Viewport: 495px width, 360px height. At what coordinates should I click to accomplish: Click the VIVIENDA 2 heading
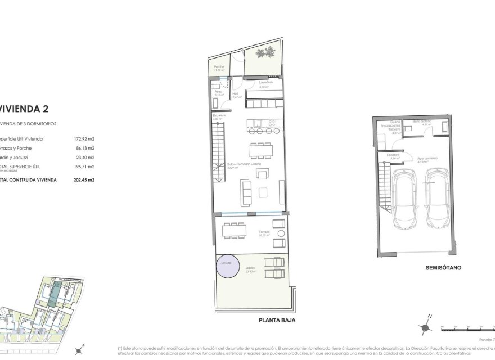point(18,109)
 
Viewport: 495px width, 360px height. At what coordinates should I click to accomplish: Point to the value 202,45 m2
point(84,179)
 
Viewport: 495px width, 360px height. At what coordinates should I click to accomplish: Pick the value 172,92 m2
point(84,138)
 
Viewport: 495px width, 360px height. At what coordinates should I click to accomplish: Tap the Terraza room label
point(264,232)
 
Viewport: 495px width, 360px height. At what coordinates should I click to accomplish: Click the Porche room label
point(219,67)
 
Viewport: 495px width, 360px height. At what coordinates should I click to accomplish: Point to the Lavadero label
point(265,83)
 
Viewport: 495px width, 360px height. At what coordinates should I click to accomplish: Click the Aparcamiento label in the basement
point(427,158)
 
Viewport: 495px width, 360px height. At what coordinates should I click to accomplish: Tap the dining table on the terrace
point(233,231)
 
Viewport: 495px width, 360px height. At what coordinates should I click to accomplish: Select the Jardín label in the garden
point(251,268)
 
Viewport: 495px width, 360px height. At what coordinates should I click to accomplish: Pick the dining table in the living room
point(260,151)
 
